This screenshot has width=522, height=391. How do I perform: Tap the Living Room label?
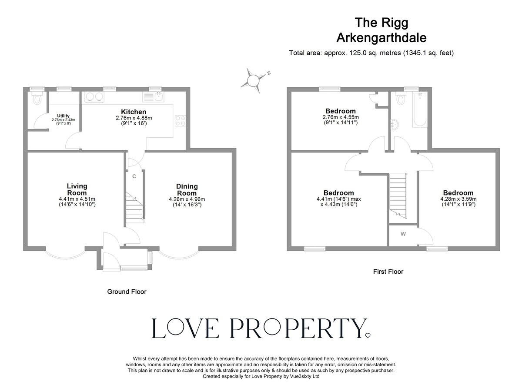[77, 189]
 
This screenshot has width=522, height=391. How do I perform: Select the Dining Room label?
[187, 189]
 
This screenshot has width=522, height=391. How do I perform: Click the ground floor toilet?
[37, 99]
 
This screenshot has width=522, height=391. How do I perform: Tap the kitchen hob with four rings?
[180, 121]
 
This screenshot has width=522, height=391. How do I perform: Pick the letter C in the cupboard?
[134, 176]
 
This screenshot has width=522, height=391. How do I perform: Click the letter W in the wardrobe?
[403, 234]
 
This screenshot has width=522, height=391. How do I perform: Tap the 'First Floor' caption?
[388, 272]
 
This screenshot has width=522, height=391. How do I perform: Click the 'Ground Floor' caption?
[127, 292]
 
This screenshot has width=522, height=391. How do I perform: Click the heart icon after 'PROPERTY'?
[368, 335]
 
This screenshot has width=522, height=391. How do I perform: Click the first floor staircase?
[398, 194]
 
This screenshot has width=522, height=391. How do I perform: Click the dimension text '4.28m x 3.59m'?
[458, 199]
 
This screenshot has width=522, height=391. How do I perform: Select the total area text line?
[371, 53]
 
